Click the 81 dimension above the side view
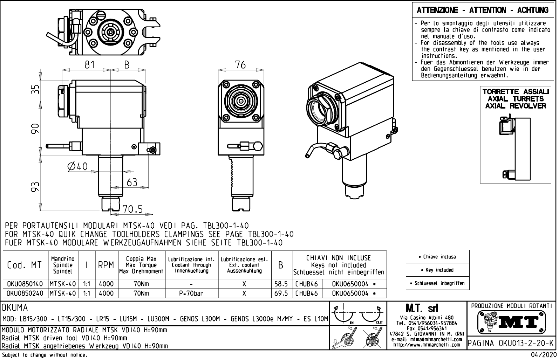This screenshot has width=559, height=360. tap(90, 65)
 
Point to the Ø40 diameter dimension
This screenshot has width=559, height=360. tap(77, 167)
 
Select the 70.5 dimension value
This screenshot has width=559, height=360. tap(132, 209)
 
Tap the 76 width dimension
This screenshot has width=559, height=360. tap(240, 65)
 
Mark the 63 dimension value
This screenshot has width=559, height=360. tap(131, 182)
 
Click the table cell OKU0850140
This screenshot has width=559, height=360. tap(25, 284)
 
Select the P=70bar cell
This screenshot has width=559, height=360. tap(191, 293)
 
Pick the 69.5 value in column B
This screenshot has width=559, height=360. tap(281, 293)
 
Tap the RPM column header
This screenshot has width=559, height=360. tap(106, 265)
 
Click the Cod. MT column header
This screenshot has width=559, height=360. tap(25, 265)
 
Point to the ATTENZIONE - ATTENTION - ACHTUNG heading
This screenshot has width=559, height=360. tap(483, 10)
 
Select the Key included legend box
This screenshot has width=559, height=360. tap(439, 270)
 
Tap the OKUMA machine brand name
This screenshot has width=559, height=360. tap(15, 308)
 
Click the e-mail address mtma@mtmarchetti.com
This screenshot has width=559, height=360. tap(427, 339)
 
